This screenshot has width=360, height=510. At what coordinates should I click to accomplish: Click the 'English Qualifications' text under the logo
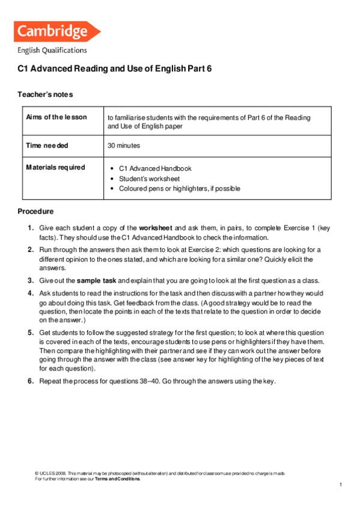(52, 51)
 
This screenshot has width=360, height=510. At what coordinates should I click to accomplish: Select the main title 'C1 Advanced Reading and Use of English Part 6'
(114, 69)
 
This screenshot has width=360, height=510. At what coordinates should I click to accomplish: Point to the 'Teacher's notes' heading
(46, 95)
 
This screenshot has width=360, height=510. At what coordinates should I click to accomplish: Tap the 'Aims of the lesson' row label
(56, 117)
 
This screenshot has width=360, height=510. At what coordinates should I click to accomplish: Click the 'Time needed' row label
(47, 146)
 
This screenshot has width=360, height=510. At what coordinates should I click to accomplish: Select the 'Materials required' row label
(55, 167)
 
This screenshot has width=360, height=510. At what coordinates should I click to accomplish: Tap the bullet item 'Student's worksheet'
(149, 179)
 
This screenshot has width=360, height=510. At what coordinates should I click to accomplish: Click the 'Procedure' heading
(35, 212)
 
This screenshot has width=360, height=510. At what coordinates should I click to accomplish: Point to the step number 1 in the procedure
(30, 229)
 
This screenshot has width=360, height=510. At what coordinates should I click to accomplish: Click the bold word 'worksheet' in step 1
(156, 229)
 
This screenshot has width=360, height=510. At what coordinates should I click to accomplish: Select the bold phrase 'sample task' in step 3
(97, 280)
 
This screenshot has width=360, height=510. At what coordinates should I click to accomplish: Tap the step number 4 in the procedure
(30, 293)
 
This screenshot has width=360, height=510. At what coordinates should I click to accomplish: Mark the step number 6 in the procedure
(30, 381)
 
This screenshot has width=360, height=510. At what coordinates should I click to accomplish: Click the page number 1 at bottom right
(340, 485)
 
